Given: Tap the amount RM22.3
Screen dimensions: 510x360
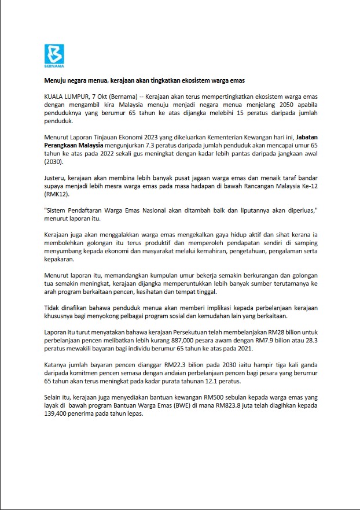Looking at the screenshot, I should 172,365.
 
